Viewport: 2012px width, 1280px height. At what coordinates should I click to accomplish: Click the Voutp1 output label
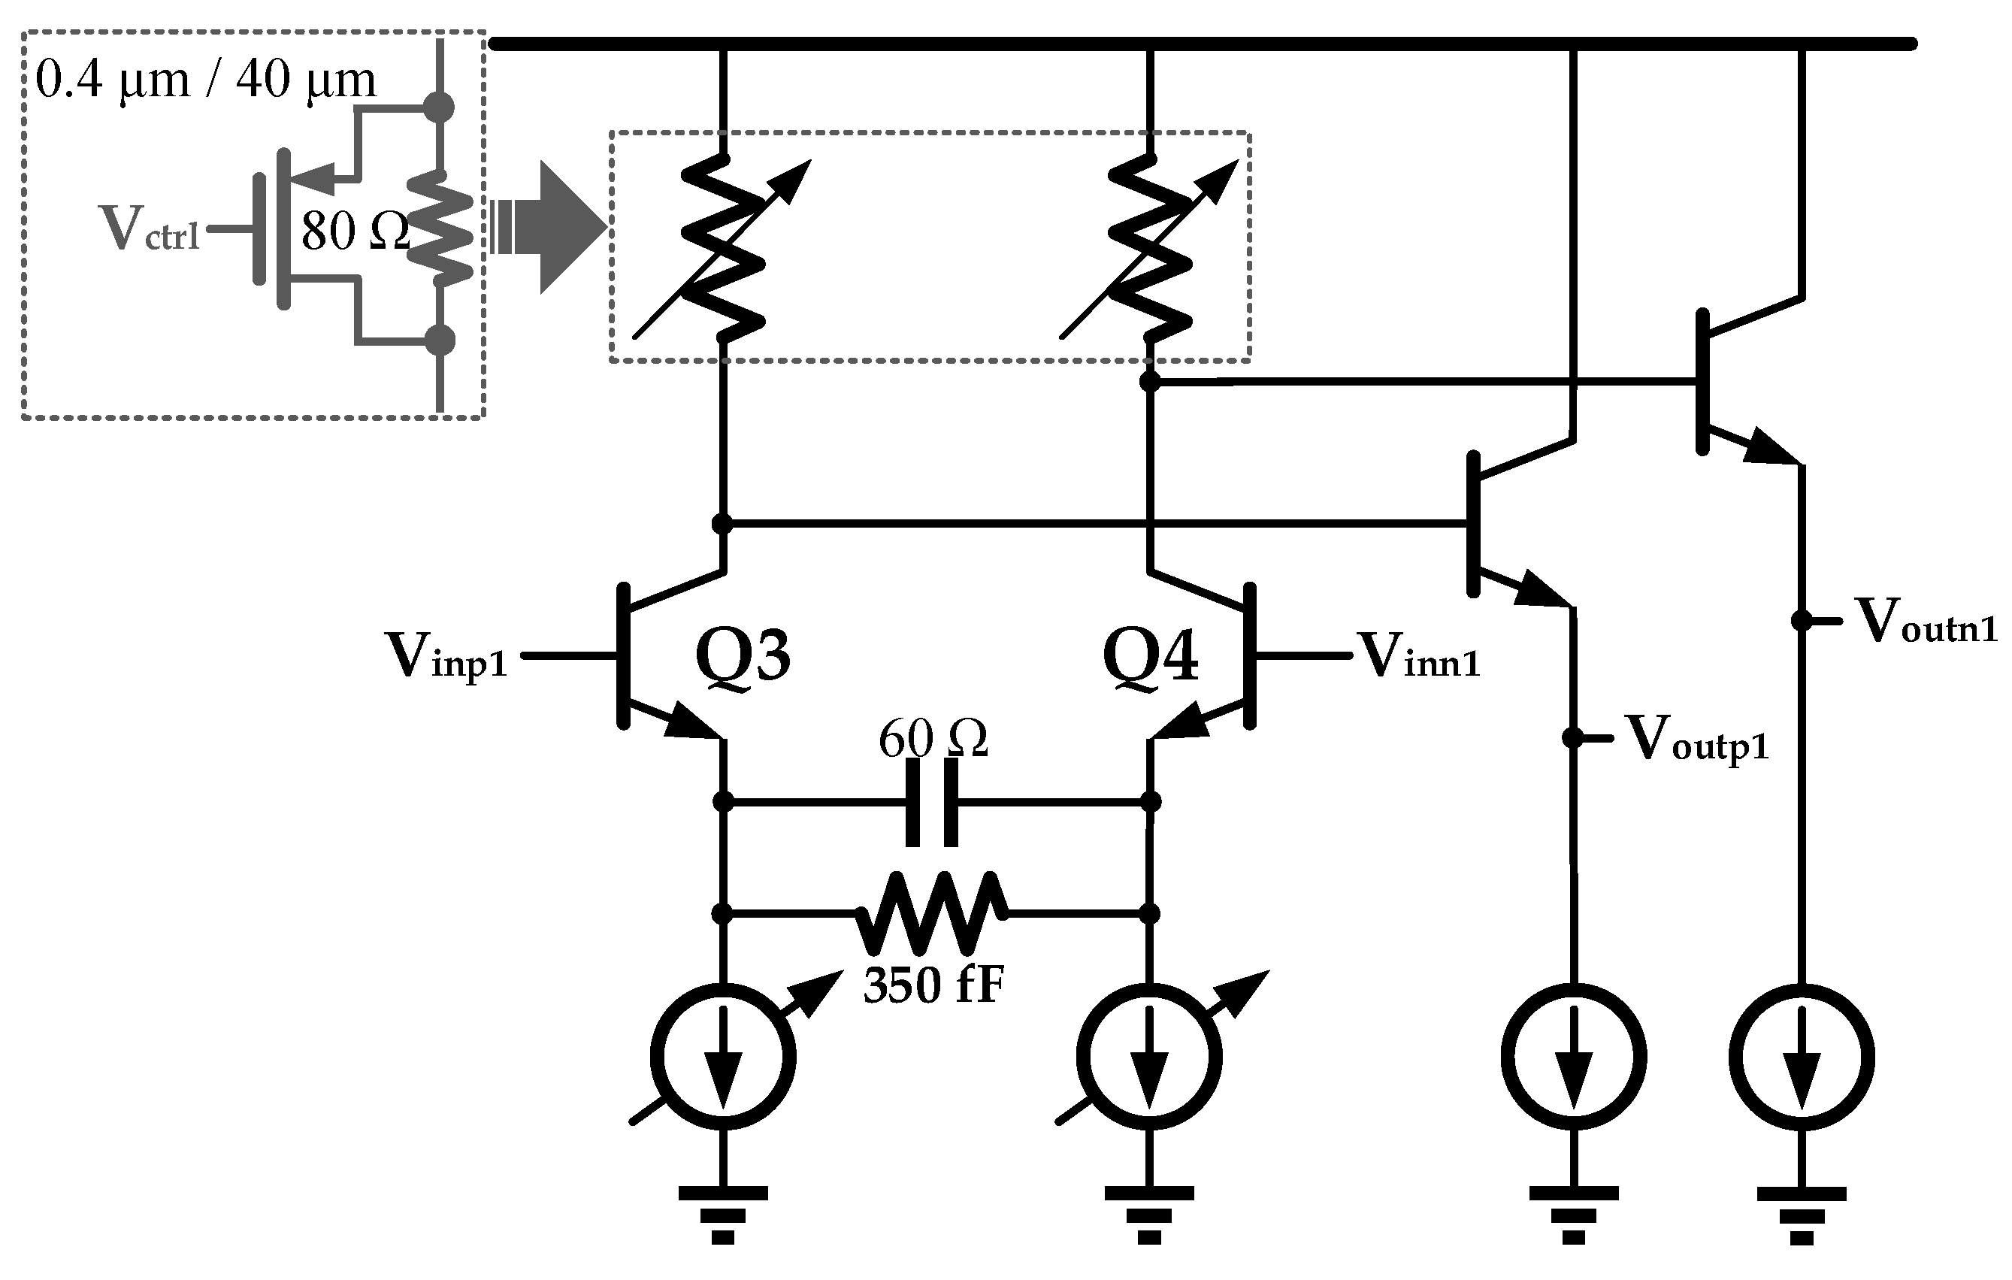[1696, 740]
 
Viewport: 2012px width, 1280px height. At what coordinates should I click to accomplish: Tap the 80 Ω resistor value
[354, 231]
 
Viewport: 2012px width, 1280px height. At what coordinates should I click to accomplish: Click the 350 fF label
[933, 986]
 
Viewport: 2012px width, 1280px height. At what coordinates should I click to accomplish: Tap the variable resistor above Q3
[723, 247]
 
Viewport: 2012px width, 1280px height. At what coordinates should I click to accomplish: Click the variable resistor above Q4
[1150, 247]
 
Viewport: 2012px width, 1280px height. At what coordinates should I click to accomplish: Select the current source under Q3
[723, 1057]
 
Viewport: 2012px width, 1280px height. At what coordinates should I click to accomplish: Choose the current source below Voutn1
[1802, 1057]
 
